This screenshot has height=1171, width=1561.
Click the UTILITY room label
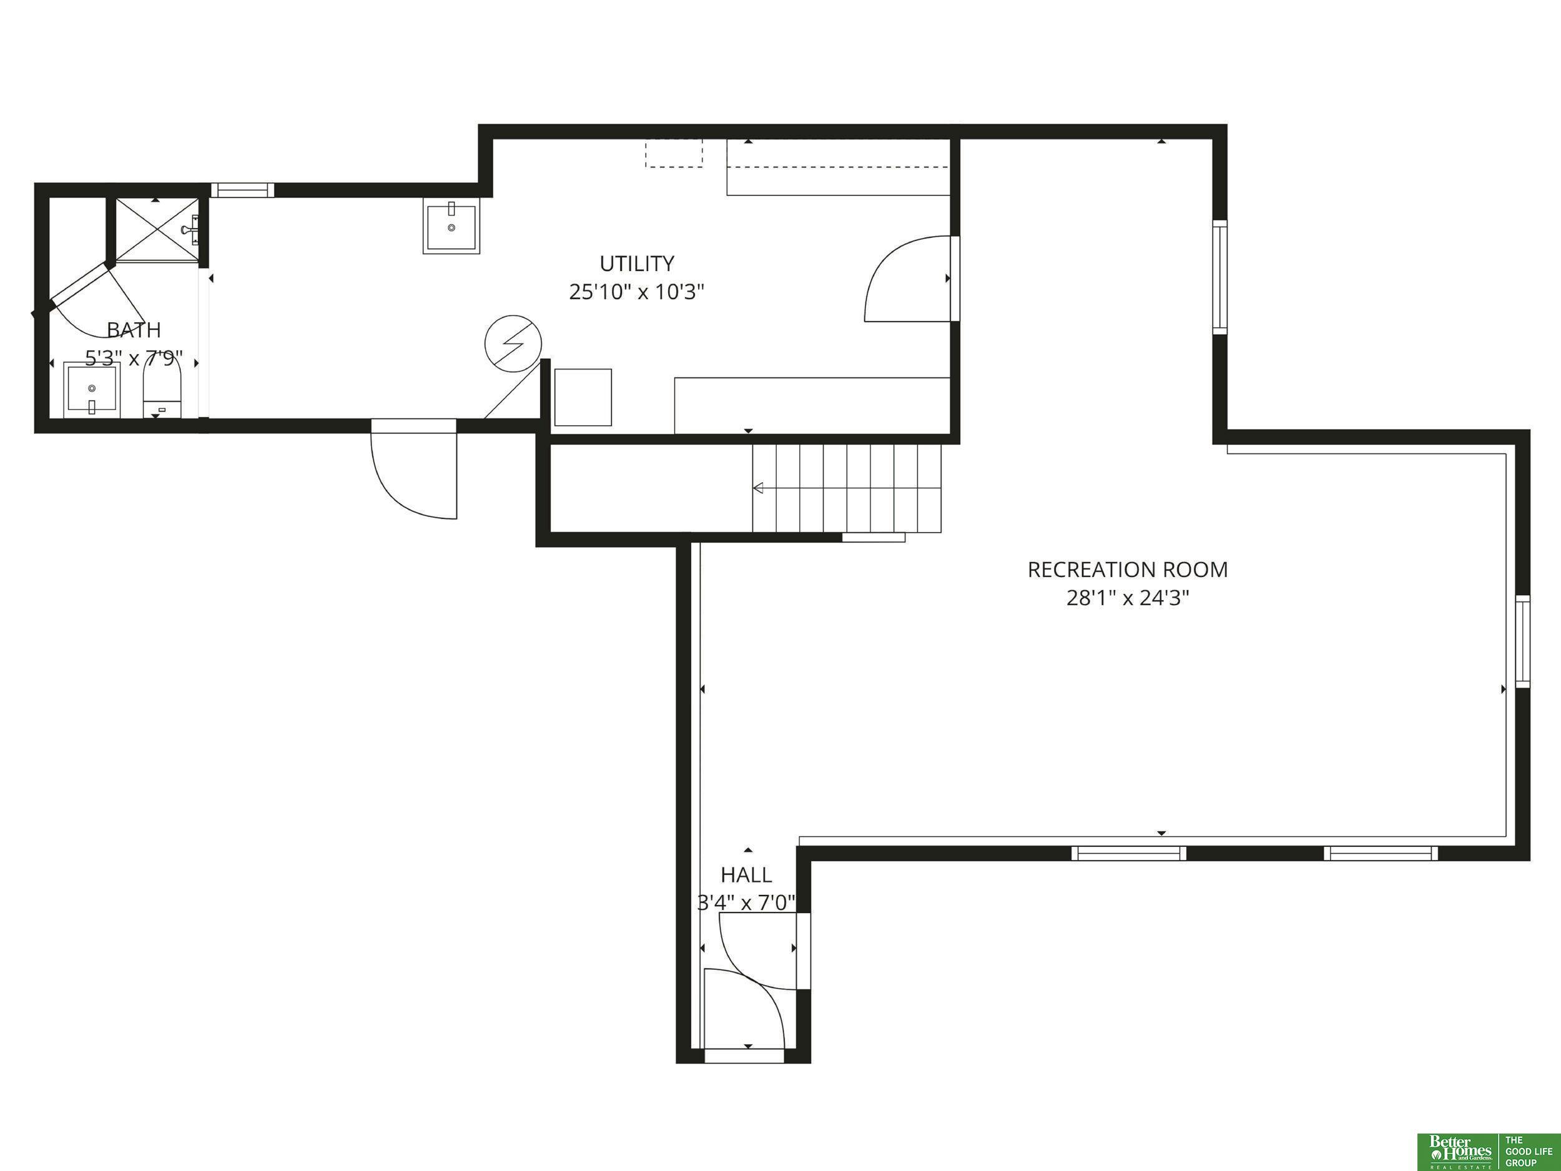point(636,264)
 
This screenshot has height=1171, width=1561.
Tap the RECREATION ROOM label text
point(1127,570)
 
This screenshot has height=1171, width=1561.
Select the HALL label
point(746,875)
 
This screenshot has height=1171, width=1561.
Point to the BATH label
point(134,330)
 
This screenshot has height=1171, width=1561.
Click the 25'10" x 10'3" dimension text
point(636,292)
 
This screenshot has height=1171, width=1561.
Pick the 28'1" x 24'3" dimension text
point(1128,598)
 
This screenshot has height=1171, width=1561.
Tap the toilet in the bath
point(162,386)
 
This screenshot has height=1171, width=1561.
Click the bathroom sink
point(91,390)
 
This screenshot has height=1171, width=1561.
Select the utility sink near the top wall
point(451,226)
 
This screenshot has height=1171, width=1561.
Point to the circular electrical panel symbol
point(513,343)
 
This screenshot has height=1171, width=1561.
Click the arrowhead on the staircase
point(759,488)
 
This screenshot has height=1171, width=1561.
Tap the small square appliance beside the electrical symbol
point(583,397)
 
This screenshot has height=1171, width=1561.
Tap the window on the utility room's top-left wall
point(243,190)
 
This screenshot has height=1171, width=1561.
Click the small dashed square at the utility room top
point(673,153)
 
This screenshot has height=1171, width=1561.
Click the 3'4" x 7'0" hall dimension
point(746,903)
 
